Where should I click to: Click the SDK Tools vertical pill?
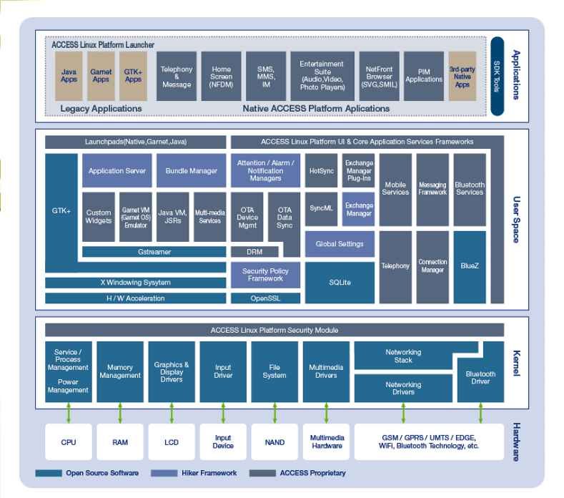497,76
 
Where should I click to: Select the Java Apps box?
69,76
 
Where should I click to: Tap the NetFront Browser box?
379,76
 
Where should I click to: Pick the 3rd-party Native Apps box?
462,76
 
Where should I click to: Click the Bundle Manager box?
192,171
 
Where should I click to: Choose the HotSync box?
321,171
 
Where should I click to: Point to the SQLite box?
340,283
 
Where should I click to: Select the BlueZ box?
470,267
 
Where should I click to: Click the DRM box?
254,252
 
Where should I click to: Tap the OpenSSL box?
265,298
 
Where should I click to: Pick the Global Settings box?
340,244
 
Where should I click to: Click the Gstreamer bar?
154,252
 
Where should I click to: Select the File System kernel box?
274,371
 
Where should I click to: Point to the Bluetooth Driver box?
480,378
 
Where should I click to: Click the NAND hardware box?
274,441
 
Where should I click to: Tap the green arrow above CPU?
69,413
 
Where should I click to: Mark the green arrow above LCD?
172,413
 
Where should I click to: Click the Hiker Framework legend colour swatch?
164,473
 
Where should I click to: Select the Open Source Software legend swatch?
49,473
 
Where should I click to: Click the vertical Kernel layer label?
516,363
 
